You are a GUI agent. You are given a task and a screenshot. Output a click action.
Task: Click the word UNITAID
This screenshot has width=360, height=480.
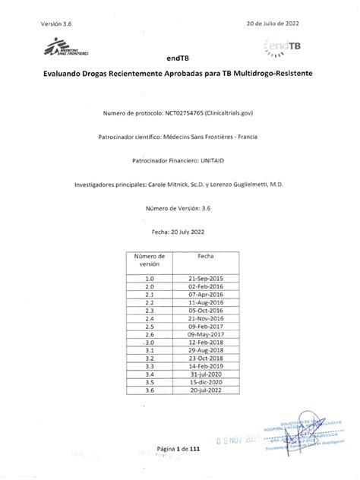217,161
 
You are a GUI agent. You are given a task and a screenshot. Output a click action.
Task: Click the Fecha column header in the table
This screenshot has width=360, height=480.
206,257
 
